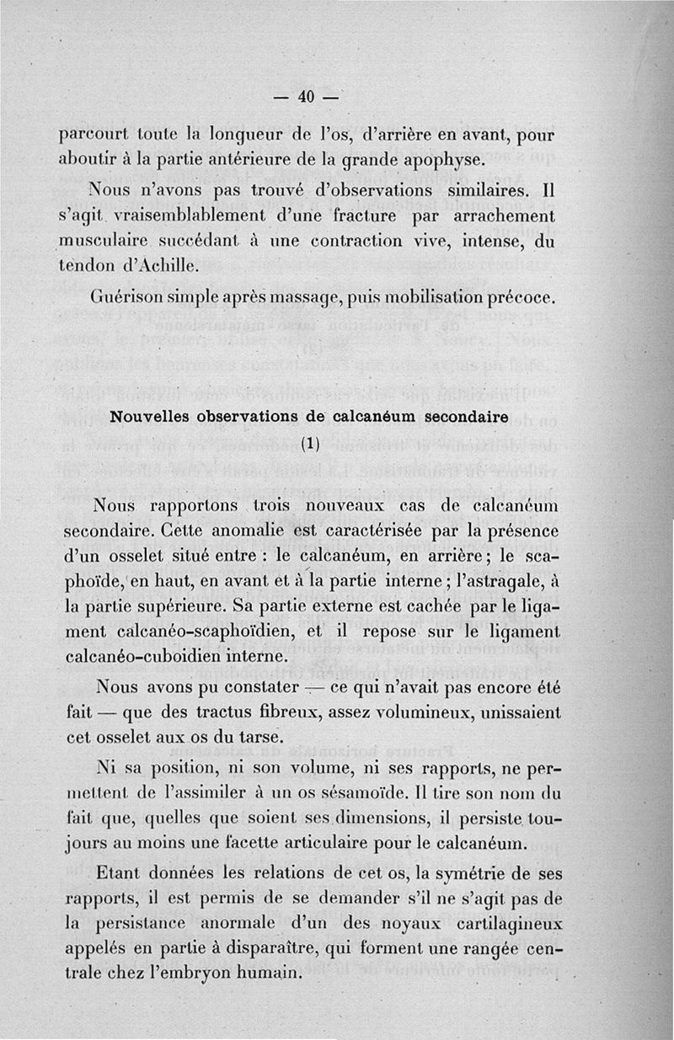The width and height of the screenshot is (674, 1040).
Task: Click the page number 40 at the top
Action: pyautogui.click(x=305, y=97)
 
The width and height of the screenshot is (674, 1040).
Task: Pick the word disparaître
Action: pyautogui.click(x=312, y=948)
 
